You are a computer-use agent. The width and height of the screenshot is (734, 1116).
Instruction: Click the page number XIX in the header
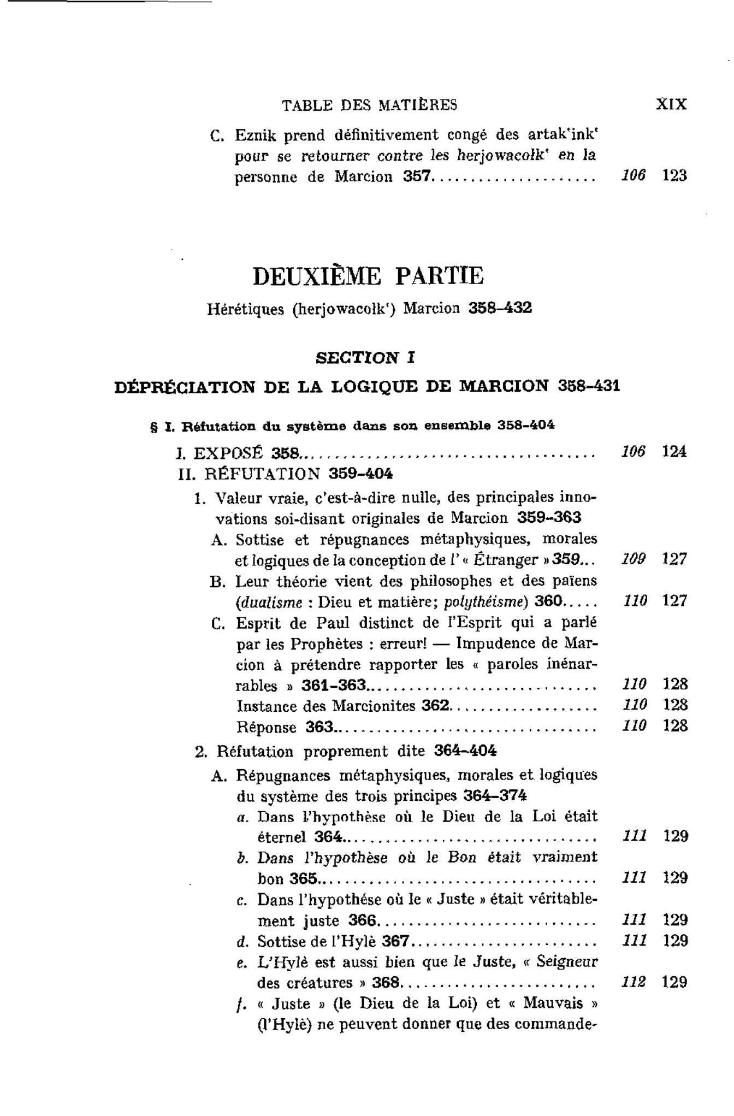tap(671, 104)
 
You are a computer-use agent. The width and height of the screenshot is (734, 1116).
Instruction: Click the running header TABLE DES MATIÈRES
tap(370, 105)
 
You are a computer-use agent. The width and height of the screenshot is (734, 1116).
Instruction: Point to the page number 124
tap(674, 452)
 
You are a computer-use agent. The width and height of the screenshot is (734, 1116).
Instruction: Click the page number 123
tap(674, 176)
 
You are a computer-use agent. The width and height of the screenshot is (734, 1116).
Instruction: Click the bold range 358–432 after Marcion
tap(500, 308)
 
